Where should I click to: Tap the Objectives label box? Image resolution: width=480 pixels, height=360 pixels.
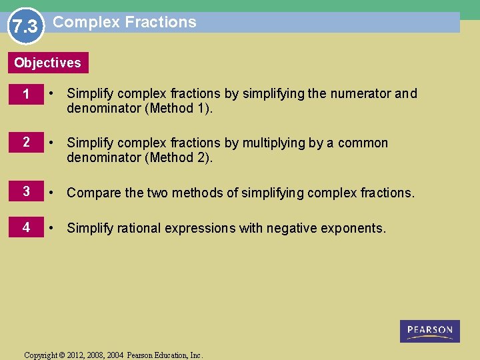[47, 63]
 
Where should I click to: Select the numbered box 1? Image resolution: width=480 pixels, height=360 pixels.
[25, 95]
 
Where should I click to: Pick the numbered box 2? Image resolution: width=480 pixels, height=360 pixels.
[25, 143]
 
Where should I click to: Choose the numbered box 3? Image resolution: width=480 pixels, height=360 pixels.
[25, 192]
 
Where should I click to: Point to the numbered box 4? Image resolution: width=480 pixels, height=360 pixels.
[25, 227]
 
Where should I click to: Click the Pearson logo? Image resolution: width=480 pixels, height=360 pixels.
[430, 331]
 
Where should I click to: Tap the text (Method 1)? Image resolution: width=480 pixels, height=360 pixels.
[179, 109]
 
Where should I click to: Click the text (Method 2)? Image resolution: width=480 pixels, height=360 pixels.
[179, 158]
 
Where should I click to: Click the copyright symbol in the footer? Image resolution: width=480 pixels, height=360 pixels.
[62, 355]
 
